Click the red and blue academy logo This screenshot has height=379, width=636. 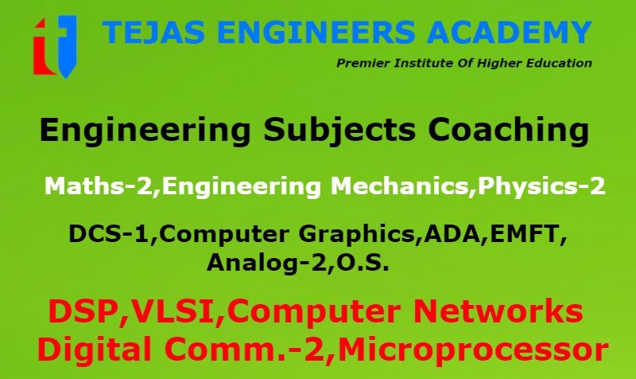pyautogui.click(x=55, y=47)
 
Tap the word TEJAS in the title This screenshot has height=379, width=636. pyautogui.click(x=153, y=32)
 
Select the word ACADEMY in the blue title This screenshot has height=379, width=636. pyautogui.click(x=509, y=32)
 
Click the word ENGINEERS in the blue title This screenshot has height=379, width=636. pyautogui.click(x=316, y=32)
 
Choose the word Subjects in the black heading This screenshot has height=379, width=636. pyautogui.click(x=339, y=131)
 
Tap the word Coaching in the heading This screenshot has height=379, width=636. pyautogui.click(x=508, y=131)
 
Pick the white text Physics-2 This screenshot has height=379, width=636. pyautogui.click(x=541, y=187)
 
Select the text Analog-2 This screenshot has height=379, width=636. pyautogui.click(x=266, y=264)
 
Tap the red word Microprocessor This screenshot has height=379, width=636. pyautogui.click(x=473, y=350)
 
